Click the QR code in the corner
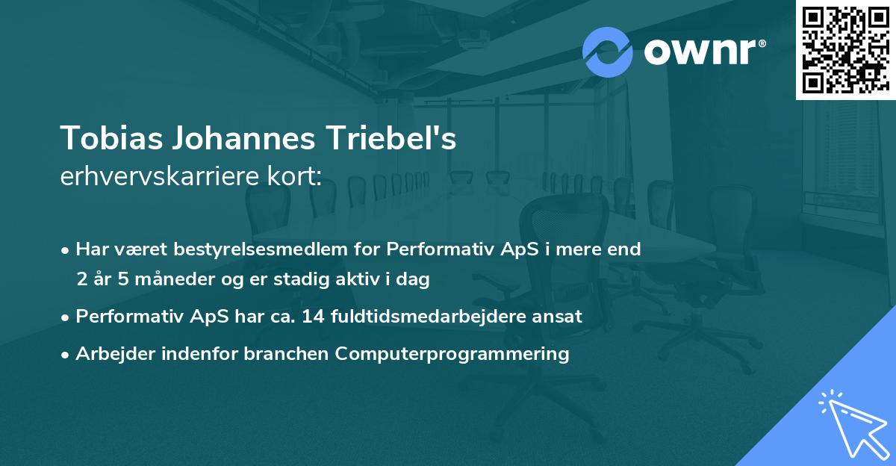pyautogui.click(x=845, y=49)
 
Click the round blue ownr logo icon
pyautogui.click(x=608, y=52)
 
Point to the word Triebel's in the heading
pyautogui.click(x=393, y=139)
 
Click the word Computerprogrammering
pyautogui.click(x=452, y=353)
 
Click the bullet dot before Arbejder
pyautogui.click(x=66, y=354)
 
